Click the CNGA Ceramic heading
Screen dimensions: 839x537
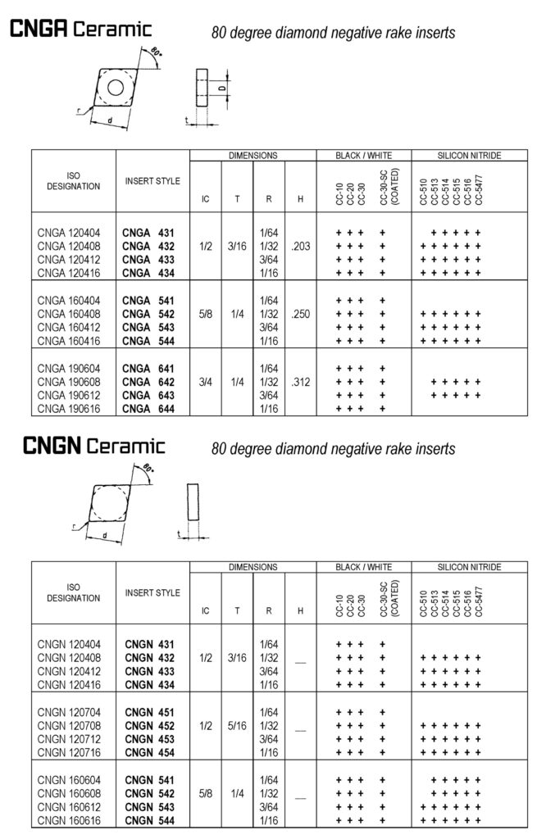[80, 29]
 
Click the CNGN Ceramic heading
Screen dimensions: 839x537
[93, 447]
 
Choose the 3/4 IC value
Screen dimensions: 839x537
[206, 381]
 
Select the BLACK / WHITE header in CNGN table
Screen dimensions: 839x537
[363, 568]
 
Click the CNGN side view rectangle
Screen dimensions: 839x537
[193, 503]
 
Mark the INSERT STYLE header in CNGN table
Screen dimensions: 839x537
[152, 592]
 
